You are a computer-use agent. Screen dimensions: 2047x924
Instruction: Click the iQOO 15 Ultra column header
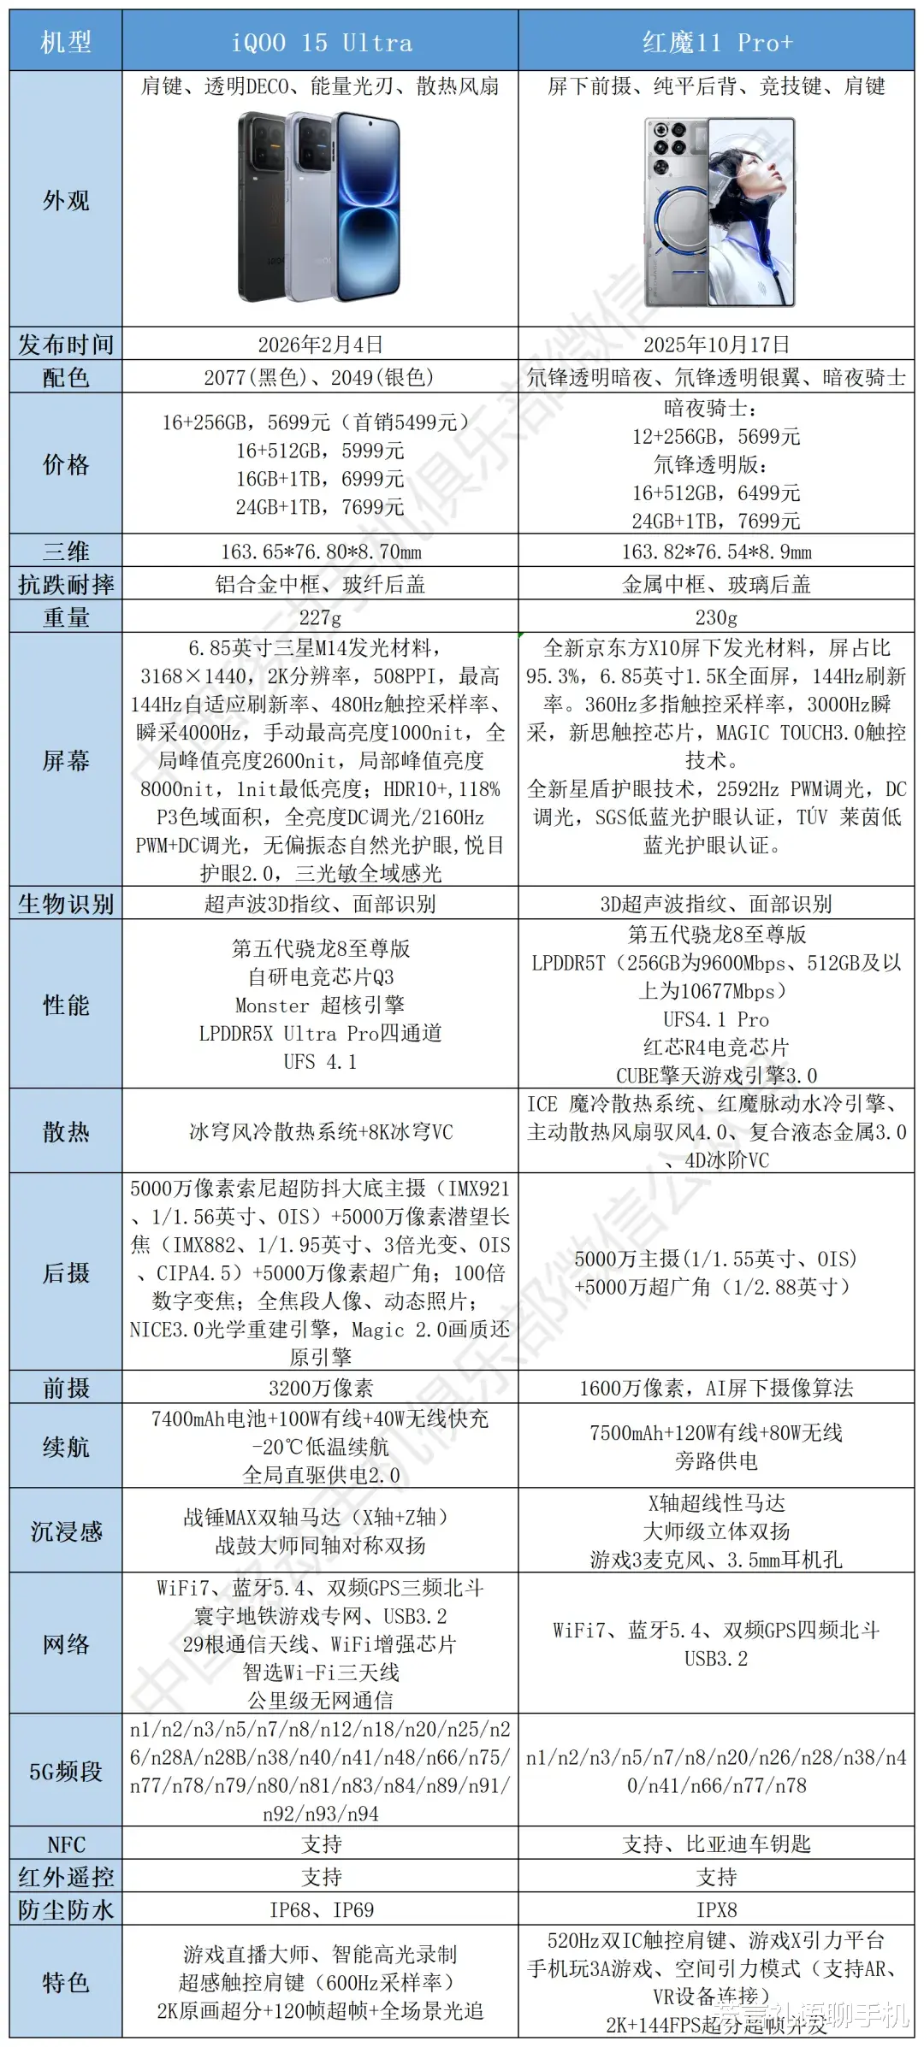(321, 42)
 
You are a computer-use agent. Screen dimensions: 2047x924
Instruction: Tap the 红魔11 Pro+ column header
(717, 42)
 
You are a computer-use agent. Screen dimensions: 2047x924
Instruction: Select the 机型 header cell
(66, 42)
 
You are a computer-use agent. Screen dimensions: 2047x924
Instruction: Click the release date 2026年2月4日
(321, 345)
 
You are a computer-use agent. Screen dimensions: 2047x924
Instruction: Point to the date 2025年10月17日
(717, 345)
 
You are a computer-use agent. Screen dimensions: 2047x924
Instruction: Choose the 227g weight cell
(321, 616)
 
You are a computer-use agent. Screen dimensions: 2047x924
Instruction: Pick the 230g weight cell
(717, 616)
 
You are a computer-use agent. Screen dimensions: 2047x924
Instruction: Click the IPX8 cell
(717, 1909)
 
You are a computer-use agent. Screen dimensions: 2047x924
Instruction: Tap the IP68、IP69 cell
(321, 1909)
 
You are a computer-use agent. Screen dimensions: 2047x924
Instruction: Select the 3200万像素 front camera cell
(321, 1388)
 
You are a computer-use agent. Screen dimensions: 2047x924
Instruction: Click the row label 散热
(66, 1131)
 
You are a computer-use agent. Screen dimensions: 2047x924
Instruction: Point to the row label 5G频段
(66, 1771)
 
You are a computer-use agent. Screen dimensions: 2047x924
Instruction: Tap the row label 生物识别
(66, 904)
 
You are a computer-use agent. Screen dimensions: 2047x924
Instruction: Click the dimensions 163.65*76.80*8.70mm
(321, 552)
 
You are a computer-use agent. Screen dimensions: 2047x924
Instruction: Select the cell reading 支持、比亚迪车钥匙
(717, 1843)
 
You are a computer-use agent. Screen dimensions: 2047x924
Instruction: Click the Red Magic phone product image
(720, 212)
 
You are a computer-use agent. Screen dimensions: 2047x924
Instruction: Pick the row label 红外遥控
(66, 1877)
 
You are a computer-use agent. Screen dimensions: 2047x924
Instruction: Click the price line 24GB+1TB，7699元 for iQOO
(321, 507)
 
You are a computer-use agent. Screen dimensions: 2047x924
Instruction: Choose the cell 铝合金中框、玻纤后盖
(321, 584)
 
